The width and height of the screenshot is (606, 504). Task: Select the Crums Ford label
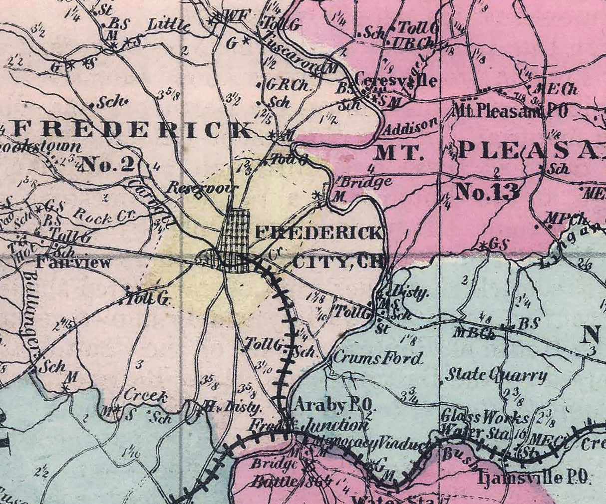click(x=378, y=358)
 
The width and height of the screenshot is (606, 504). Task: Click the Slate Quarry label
click(x=496, y=375)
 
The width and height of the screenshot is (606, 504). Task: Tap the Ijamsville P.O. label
click(x=534, y=478)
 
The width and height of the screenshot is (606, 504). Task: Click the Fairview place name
click(x=73, y=262)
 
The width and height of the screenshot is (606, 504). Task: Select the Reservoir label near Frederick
click(x=202, y=188)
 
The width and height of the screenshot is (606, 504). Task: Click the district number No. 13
click(x=487, y=192)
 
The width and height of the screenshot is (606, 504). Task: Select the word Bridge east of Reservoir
click(x=366, y=182)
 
